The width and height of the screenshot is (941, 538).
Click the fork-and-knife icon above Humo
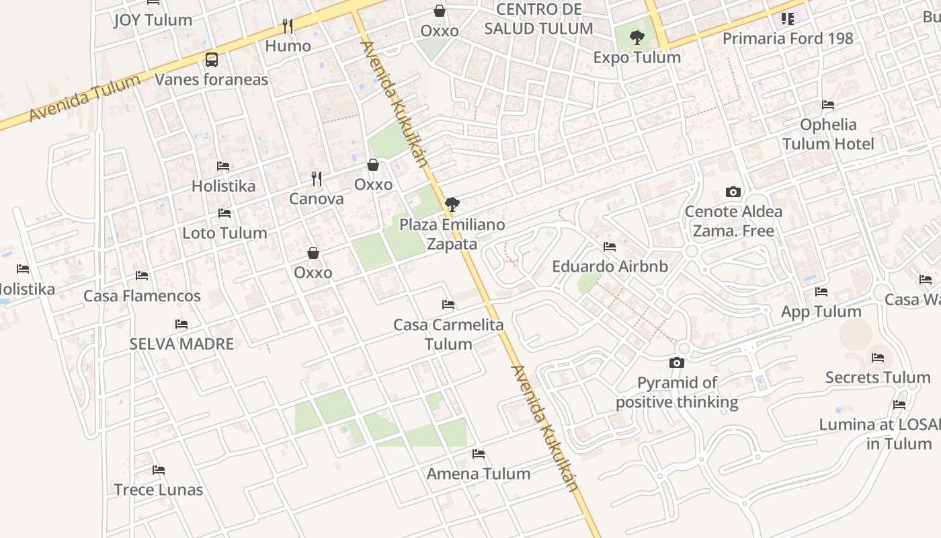tap(288, 26)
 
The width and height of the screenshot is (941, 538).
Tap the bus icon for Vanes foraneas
tap(212, 60)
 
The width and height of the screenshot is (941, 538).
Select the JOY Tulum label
tap(153, 20)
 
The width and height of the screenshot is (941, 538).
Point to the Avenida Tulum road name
tap(85, 98)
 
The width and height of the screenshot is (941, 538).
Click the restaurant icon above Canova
tap(317, 179)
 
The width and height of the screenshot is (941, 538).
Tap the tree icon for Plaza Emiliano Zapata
tap(452, 204)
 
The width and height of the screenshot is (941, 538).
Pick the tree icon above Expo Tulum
tap(637, 38)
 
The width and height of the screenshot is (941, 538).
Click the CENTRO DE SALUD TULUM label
tap(538, 19)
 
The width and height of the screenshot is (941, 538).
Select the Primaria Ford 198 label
tap(788, 38)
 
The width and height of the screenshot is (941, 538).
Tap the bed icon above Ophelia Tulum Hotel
tap(828, 105)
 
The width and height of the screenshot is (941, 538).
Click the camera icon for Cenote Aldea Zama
tap(733, 192)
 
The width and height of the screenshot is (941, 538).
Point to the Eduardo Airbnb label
tap(610, 266)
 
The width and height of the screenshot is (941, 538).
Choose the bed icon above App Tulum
tap(821, 292)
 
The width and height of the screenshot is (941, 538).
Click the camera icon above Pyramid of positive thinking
tap(677, 363)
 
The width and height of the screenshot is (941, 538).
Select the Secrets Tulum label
tap(877, 377)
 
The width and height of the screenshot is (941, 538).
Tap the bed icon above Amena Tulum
tap(479, 454)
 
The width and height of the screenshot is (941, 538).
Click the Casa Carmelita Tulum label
tap(448, 334)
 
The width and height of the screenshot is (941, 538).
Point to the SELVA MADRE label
tap(181, 344)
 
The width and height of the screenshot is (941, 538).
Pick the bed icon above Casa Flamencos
tap(142, 276)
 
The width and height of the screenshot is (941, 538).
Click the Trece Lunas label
tap(159, 490)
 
